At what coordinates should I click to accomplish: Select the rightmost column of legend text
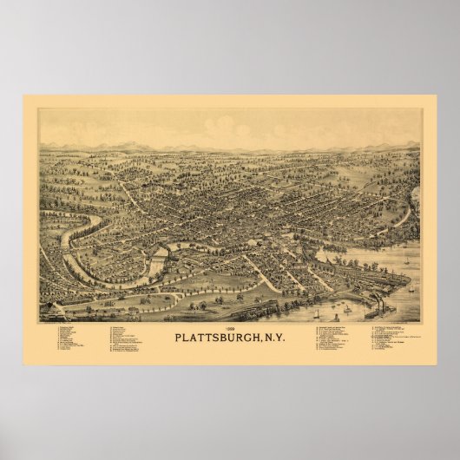395,338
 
